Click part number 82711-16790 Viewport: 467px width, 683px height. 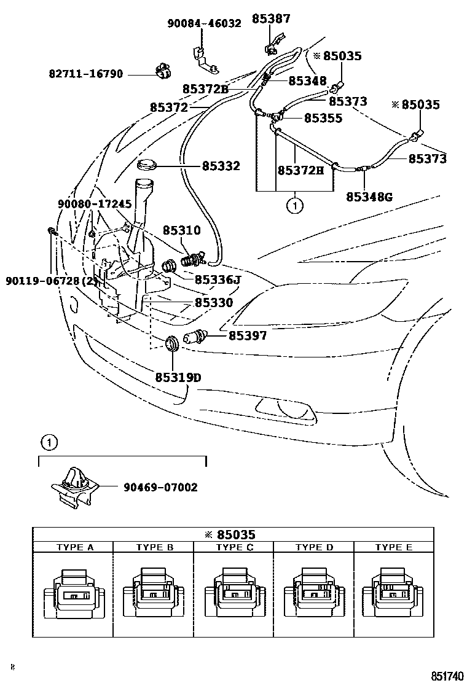click(x=86, y=74)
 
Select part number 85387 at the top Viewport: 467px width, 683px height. click(x=271, y=19)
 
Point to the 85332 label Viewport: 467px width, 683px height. click(x=221, y=166)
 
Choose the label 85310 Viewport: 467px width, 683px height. click(x=181, y=230)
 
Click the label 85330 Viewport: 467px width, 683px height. click(x=214, y=303)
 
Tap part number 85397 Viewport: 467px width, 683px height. click(x=248, y=335)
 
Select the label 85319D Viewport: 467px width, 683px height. click(x=178, y=377)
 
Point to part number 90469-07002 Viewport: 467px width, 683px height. click(x=160, y=487)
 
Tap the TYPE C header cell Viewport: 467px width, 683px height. click(x=233, y=547)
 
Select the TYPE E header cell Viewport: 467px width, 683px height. click(x=393, y=547)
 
